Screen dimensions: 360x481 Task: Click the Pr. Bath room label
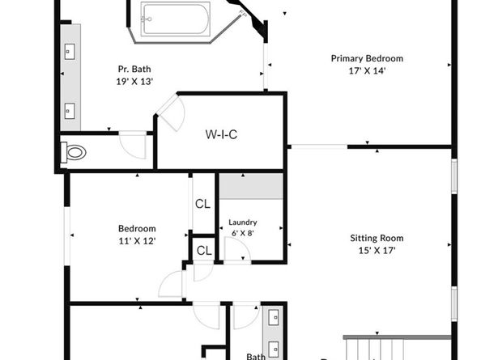coord(134,70)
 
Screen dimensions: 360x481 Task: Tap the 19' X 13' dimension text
coord(134,82)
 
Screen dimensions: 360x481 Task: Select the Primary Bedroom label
coord(367,58)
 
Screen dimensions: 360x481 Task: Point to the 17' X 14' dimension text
coord(367,70)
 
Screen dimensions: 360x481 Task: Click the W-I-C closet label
coord(220,134)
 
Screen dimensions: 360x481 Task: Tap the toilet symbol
coord(75,151)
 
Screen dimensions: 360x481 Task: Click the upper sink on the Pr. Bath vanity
coord(68,51)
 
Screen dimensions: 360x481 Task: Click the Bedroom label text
coord(137,229)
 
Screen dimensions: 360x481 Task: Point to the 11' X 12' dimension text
coord(137,241)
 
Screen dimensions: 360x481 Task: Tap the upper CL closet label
coord(202,203)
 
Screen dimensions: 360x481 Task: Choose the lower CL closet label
coord(203,251)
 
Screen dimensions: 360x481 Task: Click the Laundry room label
coord(242,222)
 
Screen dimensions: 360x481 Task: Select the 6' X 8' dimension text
coord(242,234)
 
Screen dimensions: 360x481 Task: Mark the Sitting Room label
coord(377,239)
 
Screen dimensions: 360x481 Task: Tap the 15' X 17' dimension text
coord(377,251)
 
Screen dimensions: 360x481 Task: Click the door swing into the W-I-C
coord(168,111)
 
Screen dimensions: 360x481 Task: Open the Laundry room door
coord(236,252)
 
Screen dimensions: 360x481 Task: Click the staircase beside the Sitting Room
coord(397,348)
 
